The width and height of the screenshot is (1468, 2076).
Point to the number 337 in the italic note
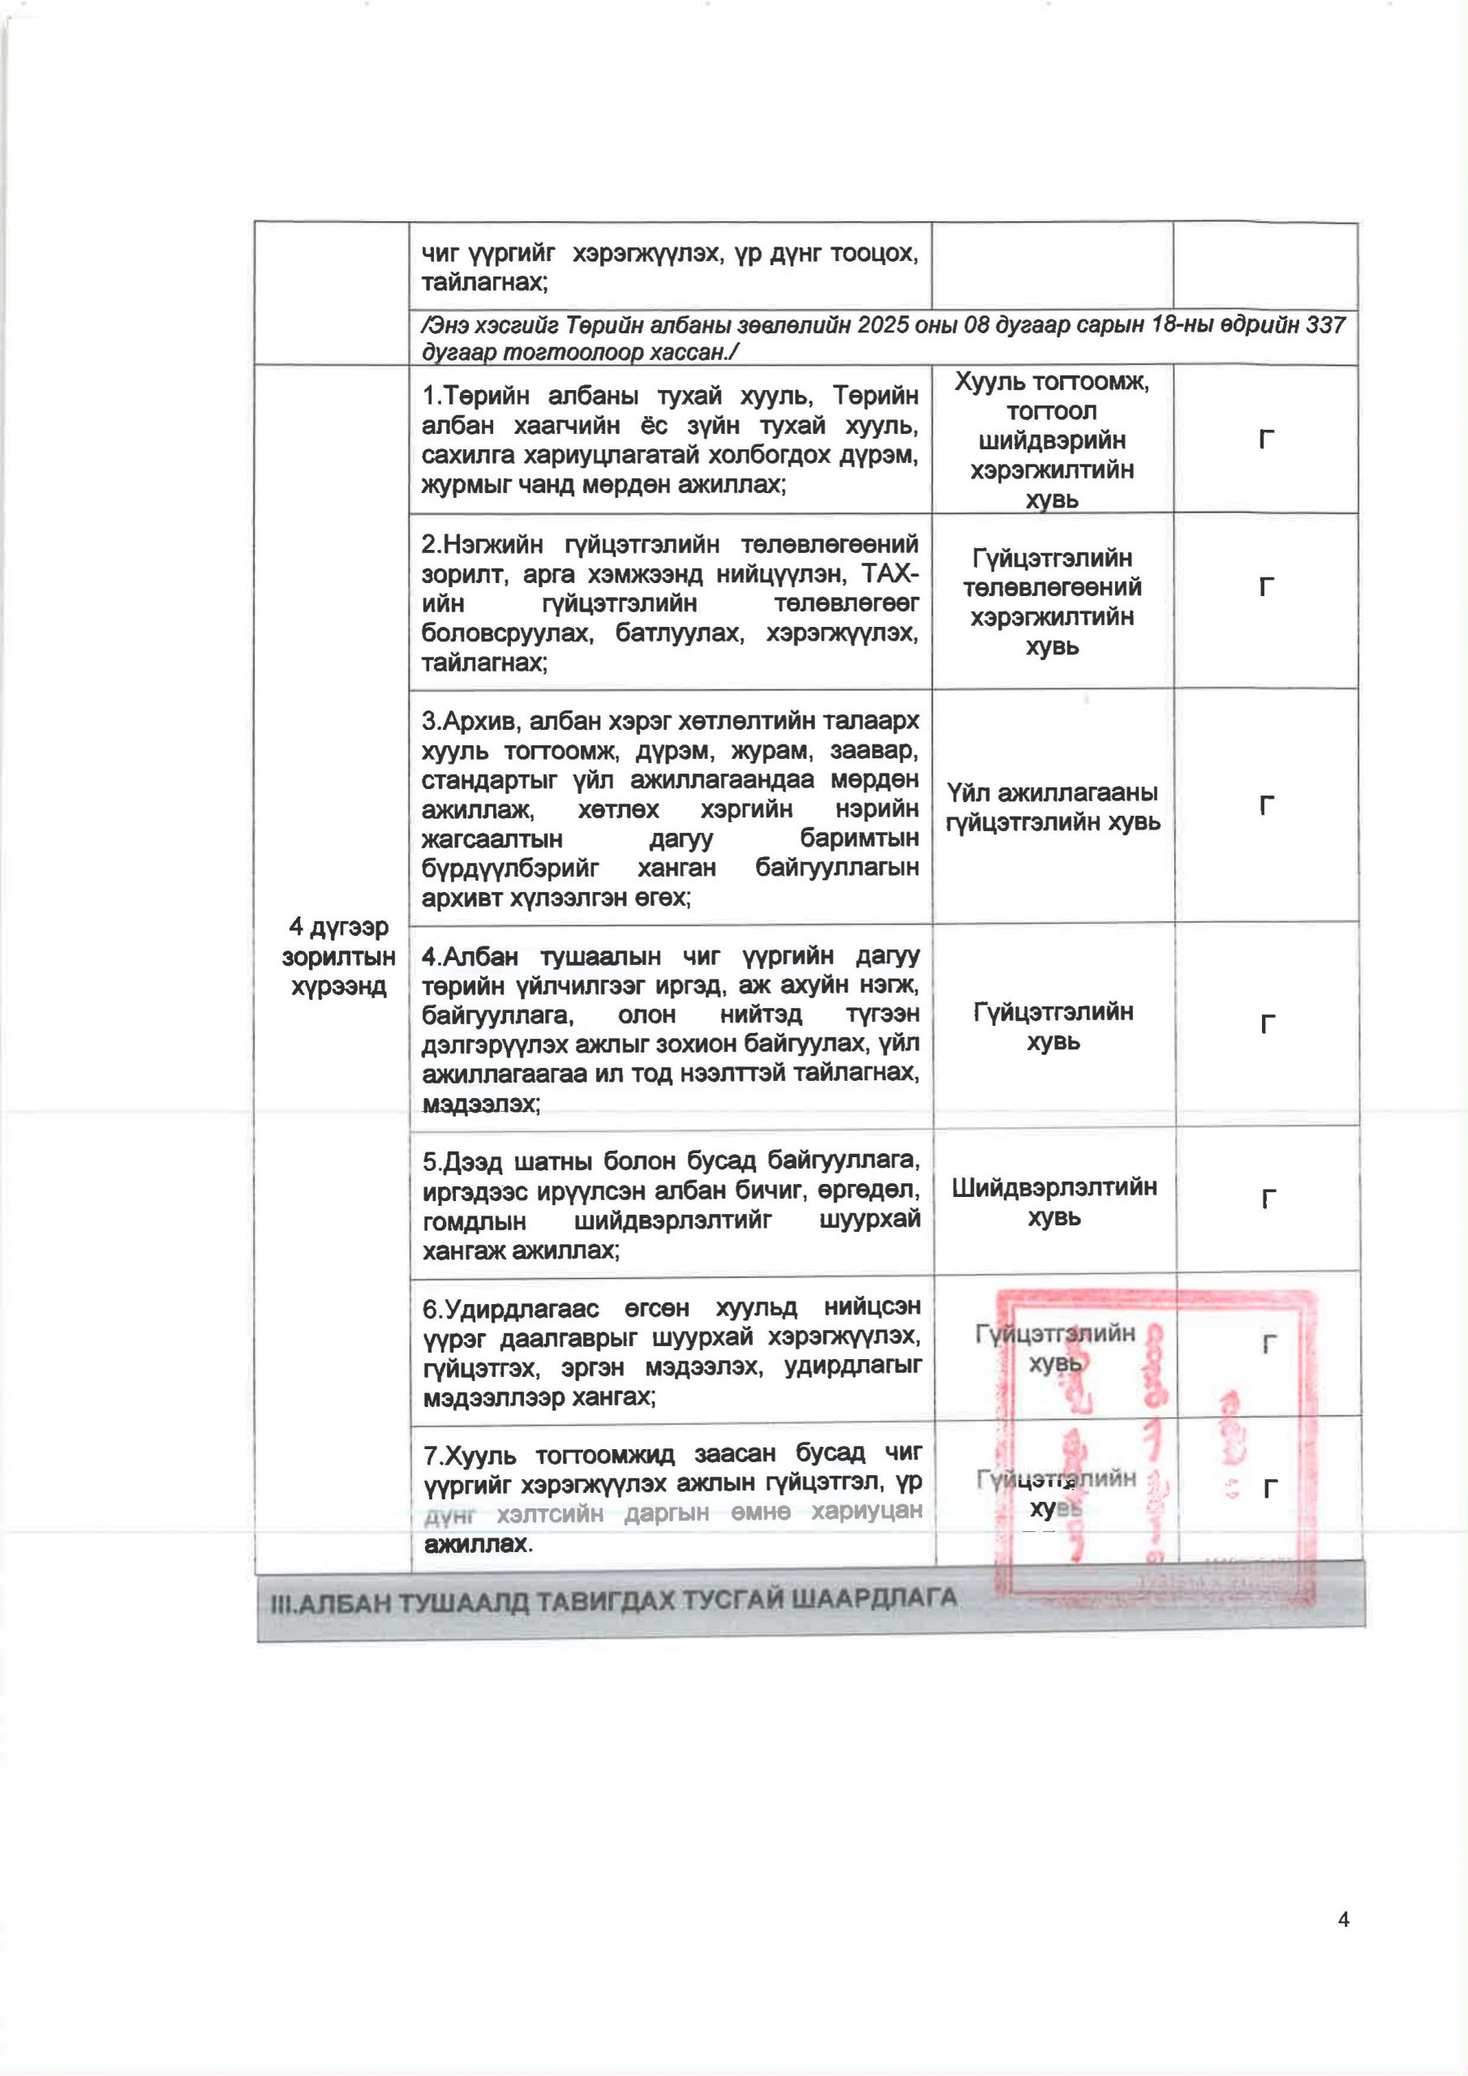(x=1326, y=324)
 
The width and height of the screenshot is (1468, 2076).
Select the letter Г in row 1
(x=1266, y=440)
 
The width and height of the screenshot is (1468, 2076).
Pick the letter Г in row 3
(x=1266, y=804)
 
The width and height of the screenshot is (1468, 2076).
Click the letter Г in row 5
(x=1268, y=1200)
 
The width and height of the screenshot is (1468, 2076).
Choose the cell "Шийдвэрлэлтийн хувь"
(x=1054, y=1202)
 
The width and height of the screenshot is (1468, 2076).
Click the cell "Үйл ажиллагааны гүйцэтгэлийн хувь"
(x=1052, y=808)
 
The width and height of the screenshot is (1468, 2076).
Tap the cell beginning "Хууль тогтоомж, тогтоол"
(x=1052, y=440)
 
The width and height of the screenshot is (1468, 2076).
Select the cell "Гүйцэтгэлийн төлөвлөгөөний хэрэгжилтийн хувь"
(x=1052, y=603)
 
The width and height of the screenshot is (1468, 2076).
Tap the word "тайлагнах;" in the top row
(x=484, y=283)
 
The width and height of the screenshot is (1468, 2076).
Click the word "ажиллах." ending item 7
(x=478, y=1543)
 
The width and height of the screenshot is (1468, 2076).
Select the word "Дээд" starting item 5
(x=470, y=1161)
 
